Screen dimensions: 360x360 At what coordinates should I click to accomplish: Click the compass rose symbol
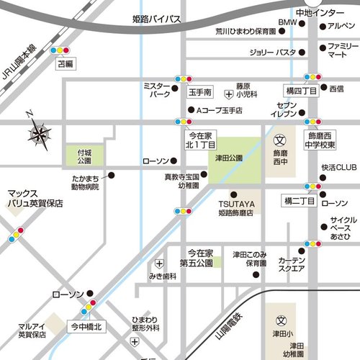[40, 132]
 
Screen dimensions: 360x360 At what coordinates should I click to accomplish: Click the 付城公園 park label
[84, 157]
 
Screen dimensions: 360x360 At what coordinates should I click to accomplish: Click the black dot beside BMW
[302, 24]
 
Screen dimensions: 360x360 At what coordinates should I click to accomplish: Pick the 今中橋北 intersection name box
[86, 326]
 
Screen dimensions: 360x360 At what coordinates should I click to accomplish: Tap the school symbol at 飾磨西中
[282, 138]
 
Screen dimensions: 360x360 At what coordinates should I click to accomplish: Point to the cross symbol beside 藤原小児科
[229, 94]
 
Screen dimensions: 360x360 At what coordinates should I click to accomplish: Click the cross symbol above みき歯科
[158, 264]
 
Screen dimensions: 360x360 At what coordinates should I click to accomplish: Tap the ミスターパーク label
[158, 89]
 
